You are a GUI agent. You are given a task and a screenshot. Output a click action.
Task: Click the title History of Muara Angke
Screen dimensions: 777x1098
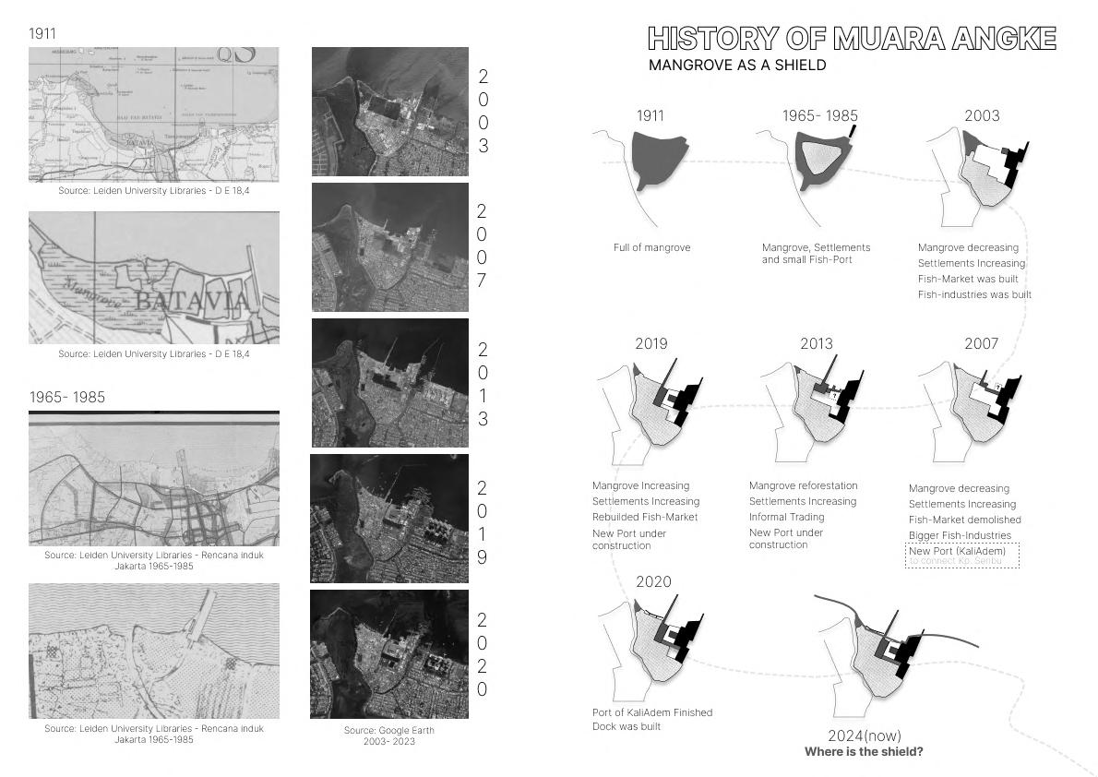click(852, 39)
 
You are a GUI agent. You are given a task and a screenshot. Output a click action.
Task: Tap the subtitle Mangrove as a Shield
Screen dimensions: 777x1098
click(736, 66)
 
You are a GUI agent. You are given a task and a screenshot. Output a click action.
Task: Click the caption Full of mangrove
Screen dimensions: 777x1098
click(651, 247)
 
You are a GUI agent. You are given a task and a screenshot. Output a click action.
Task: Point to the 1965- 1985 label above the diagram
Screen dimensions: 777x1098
click(819, 116)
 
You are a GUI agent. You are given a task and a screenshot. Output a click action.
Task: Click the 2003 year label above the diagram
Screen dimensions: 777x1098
click(982, 116)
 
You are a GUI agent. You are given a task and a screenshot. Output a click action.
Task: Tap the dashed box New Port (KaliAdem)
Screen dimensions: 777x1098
click(963, 555)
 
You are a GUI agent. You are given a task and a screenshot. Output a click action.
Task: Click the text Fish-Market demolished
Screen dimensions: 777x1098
click(964, 520)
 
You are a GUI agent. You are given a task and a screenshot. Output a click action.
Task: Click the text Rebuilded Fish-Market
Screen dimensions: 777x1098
click(644, 517)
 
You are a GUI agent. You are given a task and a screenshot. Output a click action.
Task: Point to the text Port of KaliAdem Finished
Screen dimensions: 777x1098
click(651, 712)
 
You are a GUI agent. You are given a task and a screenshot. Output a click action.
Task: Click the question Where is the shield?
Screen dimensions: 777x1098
click(863, 751)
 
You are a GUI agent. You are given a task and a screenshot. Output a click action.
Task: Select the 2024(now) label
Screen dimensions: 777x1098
click(863, 735)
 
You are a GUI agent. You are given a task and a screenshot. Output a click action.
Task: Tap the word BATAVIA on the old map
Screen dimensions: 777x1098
click(191, 303)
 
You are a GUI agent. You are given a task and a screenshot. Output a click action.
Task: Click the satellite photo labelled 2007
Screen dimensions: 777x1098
click(389, 247)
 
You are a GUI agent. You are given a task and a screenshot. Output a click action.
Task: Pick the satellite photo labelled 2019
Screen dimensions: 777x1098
click(389, 518)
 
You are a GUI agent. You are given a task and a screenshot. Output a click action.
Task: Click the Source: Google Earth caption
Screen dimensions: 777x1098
click(388, 735)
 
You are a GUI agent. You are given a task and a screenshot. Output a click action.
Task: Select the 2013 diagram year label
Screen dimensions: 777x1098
click(816, 343)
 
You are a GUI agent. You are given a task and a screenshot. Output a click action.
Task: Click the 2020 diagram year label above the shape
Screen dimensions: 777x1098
click(653, 582)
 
